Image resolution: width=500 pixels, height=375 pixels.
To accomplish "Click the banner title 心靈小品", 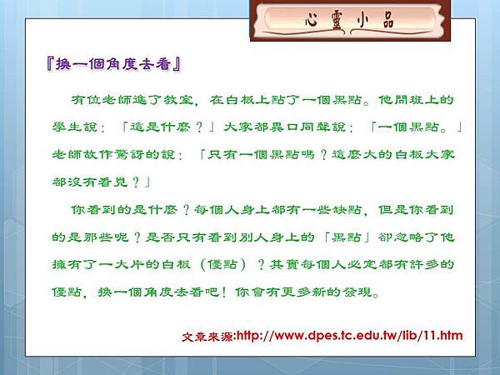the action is coord(349,21).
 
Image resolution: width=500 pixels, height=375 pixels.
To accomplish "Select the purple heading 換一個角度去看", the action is coord(114,64).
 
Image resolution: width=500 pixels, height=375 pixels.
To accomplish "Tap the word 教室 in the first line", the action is coord(178,100).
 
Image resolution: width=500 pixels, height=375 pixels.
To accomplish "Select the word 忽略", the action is coord(409,237).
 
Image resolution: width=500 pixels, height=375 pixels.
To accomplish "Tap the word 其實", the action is coord(284,265).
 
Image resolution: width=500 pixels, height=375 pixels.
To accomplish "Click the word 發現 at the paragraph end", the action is coord(357,292).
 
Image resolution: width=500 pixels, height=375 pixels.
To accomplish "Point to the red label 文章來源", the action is coord(207,337).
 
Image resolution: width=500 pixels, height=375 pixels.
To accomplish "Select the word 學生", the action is coord(67,127).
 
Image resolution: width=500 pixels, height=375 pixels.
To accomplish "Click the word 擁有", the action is coord(67,265).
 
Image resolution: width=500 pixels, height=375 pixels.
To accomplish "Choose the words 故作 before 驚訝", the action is coord(98,155).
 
